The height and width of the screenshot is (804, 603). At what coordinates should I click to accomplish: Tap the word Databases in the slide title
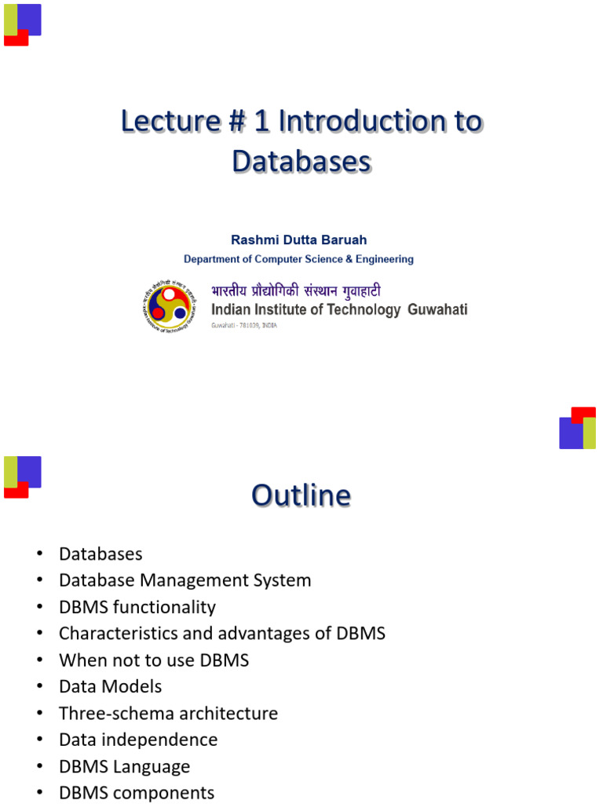coord(301,161)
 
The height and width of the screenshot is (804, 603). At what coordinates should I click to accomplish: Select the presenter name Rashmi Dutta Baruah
coord(298,239)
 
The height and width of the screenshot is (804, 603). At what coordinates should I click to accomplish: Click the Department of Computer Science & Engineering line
coord(298,259)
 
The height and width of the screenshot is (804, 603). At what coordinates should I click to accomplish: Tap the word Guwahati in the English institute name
coord(437,310)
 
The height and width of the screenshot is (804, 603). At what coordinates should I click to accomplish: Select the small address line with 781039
coord(244,325)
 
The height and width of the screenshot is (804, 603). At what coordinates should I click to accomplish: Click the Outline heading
coord(301,495)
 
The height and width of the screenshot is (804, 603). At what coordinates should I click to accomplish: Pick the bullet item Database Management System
coord(185,580)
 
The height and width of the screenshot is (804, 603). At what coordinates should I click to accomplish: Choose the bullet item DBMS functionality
coord(137,607)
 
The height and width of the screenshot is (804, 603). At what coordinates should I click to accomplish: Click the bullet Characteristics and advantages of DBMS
coord(221,633)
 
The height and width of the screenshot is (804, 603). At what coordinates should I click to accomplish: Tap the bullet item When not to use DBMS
coord(154,660)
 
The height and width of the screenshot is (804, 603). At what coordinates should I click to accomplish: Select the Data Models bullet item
coord(110,686)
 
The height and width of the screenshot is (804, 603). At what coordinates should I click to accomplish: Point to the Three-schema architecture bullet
coord(168,713)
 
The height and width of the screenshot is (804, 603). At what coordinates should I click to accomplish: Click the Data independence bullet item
coord(138,740)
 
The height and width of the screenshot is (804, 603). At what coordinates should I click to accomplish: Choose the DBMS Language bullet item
coord(124,766)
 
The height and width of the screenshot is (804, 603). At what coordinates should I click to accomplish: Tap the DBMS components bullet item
coord(136,792)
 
